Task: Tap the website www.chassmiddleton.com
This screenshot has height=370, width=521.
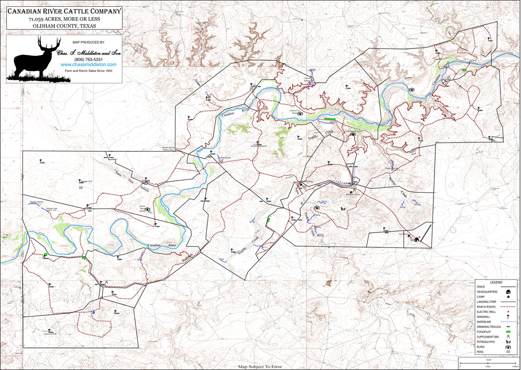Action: (x=88, y=65)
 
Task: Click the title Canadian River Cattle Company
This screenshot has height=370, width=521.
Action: (x=65, y=11)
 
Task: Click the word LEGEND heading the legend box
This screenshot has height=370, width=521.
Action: (x=496, y=282)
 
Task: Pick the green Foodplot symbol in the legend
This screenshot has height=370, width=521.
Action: (x=509, y=332)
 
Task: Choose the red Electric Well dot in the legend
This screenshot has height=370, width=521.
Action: (x=509, y=311)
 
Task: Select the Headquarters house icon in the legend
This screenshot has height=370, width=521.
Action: (x=509, y=292)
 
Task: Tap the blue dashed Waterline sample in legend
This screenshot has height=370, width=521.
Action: (x=509, y=322)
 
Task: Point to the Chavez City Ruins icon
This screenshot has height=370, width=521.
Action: (x=300, y=114)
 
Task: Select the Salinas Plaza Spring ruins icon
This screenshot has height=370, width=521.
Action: (x=148, y=209)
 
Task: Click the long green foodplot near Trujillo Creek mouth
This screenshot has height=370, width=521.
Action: (x=330, y=119)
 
